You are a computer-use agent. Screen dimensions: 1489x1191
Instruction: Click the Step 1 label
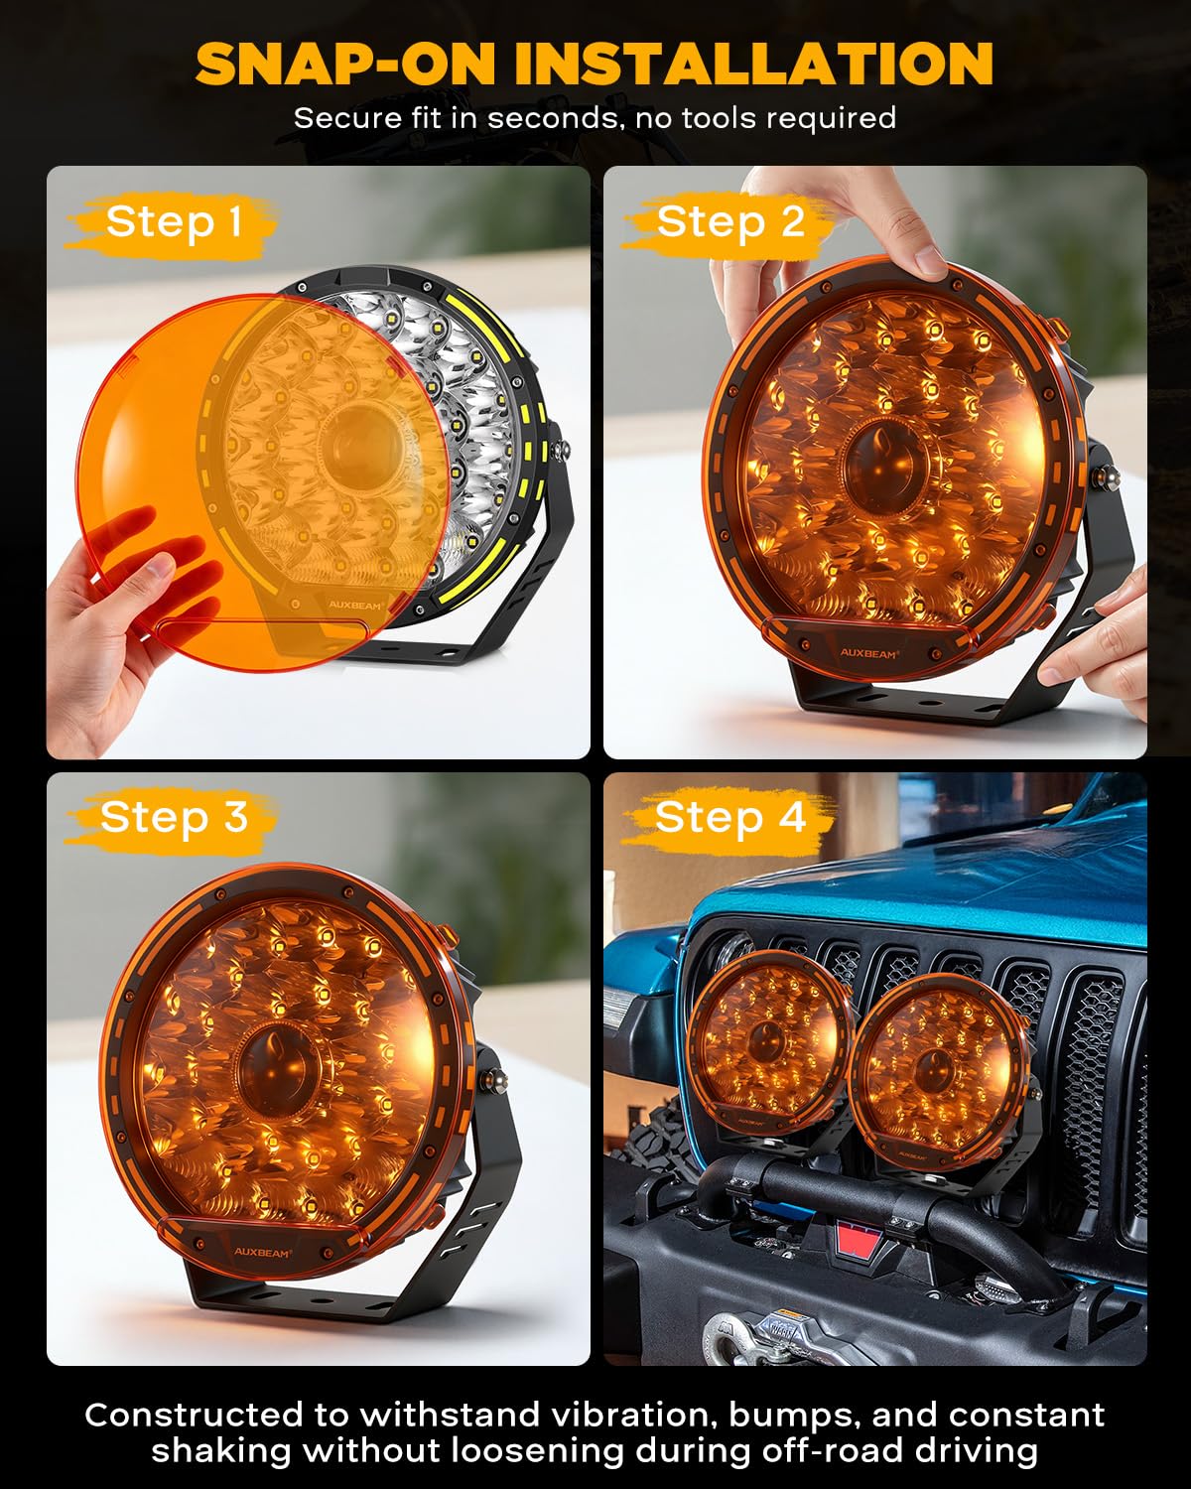tap(174, 221)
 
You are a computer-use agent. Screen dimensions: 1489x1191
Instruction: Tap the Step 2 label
tap(729, 221)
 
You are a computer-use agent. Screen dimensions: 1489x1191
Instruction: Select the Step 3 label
tap(173, 817)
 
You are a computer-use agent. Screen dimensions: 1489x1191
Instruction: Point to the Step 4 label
tap(729, 817)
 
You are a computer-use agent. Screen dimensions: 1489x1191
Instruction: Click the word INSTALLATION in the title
tap(753, 64)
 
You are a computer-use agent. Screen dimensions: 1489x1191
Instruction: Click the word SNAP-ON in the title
tap(344, 64)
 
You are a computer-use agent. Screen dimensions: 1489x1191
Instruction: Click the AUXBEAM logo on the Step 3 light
tap(263, 1253)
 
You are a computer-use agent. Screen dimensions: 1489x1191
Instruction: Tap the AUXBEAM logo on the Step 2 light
tap(867, 654)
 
